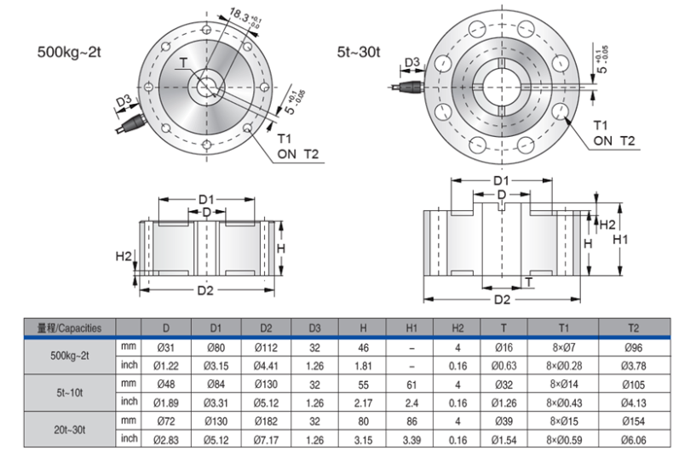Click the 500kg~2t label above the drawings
point(70,51)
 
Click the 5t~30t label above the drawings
point(358,52)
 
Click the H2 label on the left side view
point(124,256)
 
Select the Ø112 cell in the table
point(266,346)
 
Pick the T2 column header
point(632,328)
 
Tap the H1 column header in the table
point(411,328)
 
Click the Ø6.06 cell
point(632,438)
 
